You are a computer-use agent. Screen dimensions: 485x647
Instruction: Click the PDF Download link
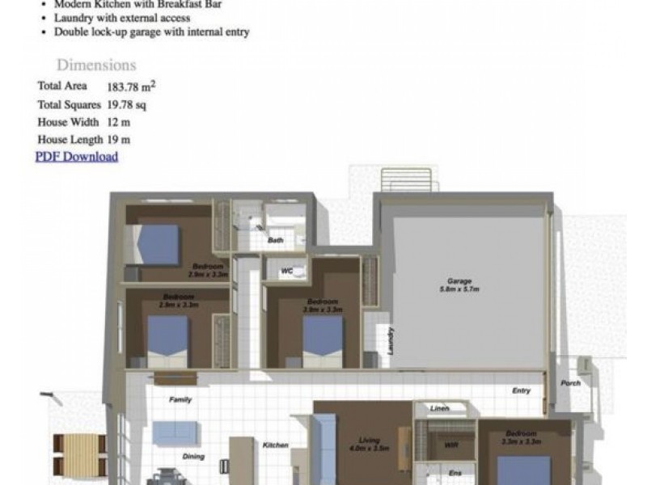click(x=77, y=157)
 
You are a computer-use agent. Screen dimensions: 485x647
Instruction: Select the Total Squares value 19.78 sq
click(x=126, y=104)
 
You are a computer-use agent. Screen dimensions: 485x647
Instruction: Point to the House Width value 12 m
click(x=118, y=122)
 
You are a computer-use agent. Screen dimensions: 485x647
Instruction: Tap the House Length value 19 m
click(x=118, y=140)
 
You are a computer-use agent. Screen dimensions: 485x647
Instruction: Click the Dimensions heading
click(x=96, y=65)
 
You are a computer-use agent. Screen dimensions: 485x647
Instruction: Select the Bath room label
click(x=276, y=240)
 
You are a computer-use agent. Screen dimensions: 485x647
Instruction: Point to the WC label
click(x=286, y=272)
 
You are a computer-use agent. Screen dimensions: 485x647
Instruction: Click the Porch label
click(x=570, y=382)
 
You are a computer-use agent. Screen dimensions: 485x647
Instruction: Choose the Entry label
click(x=522, y=391)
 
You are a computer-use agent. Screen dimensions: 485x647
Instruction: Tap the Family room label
click(x=180, y=400)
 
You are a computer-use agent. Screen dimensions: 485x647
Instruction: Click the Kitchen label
click(x=275, y=445)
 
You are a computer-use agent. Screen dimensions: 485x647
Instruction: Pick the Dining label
click(x=193, y=457)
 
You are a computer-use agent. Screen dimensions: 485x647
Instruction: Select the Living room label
click(x=369, y=441)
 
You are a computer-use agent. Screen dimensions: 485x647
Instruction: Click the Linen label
click(x=440, y=408)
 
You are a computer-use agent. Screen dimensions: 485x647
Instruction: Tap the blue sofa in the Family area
click(x=175, y=432)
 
